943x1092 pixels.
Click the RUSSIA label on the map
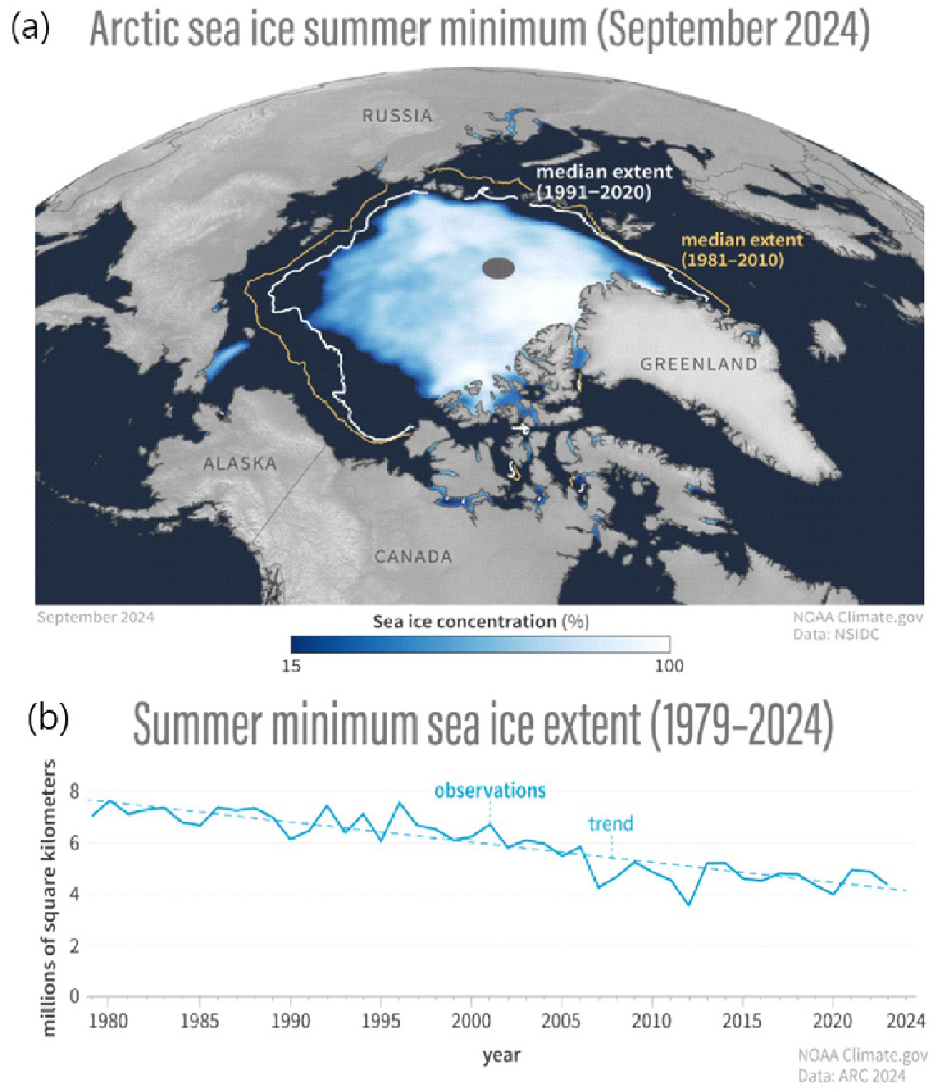(397, 115)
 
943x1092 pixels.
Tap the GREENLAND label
(698, 364)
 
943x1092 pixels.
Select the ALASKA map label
(240, 463)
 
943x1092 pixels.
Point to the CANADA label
(413, 556)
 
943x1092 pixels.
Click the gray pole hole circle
(498, 268)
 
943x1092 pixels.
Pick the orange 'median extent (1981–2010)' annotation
(741, 250)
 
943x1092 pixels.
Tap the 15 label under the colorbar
(291, 666)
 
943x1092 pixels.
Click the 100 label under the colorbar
(669, 666)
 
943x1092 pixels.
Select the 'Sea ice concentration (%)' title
(480, 621)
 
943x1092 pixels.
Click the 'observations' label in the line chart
(490, 790)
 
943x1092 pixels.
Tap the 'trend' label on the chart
(611, 824)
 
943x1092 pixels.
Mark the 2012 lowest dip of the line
(688, 905)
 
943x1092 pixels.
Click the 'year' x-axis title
(501, 1055)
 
